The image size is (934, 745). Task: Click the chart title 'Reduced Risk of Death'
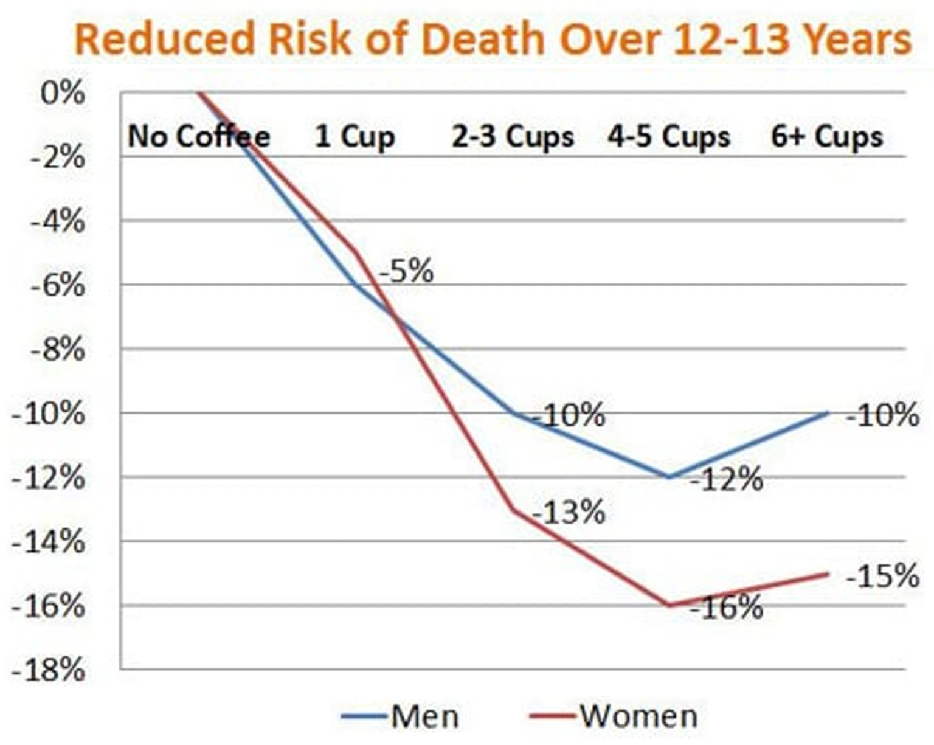coord(493,39)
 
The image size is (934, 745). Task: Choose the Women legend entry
coord(614,716)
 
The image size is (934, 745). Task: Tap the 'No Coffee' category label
coord(198,136)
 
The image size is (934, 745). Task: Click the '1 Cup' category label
coord(355,136)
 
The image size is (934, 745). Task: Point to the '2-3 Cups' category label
coord(512,136)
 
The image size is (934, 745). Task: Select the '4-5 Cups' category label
coord(669,136)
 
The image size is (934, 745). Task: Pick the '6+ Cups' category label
coord(827,136)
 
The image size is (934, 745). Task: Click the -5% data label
coord(406,271)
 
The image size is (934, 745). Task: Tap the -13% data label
coord(569,512)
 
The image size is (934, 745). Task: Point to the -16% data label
coord(727,607)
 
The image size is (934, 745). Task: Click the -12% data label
coord(727,480)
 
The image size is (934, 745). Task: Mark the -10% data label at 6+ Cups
coord(882,415)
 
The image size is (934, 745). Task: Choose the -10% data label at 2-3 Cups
coord(569,415)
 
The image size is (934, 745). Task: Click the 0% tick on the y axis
coord(62,94)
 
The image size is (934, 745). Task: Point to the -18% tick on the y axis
coord(49,670)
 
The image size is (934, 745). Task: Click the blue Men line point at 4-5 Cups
coord(669,477)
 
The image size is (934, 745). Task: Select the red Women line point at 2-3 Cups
coord(513,509)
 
